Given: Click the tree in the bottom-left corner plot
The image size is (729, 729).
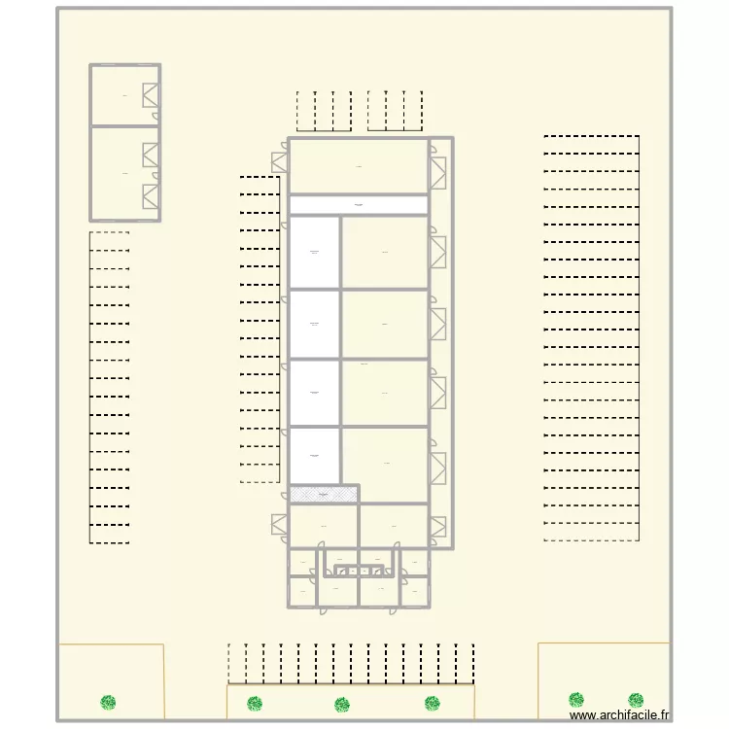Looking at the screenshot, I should (108, 701).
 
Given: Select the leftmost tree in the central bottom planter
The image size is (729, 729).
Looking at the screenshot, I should (255, 703).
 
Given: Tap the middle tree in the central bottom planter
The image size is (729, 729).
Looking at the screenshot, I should (341, 705).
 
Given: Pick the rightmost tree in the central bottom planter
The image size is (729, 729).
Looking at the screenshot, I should (433, 703).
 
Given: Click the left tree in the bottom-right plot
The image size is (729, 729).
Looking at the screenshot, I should (576, 700).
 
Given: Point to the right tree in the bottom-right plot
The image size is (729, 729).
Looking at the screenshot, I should (636, 700).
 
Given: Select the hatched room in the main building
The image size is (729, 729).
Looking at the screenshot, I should (324, 495).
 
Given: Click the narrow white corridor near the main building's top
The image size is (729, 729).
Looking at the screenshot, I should (359, 205).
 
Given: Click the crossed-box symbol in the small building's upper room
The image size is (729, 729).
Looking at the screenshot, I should (152, 95).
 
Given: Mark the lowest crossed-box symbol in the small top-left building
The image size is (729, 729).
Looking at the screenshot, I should (151, 196).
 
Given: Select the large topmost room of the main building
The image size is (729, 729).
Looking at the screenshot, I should (359, 166).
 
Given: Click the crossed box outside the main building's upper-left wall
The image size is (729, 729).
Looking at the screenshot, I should (280, 161).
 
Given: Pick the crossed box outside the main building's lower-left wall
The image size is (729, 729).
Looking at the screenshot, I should (280, 524).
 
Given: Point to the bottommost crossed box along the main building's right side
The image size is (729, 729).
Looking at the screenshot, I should (438, 526).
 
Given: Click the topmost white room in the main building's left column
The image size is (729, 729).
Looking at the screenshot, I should (314, 252).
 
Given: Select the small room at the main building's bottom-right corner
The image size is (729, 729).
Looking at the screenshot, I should (416, 591).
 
